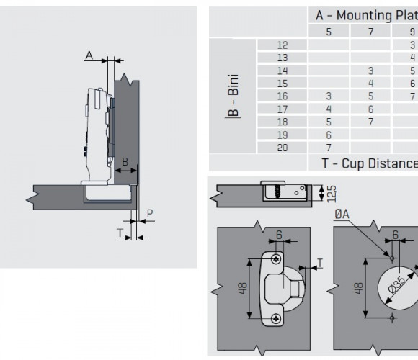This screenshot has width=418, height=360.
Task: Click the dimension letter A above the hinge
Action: (89, 55)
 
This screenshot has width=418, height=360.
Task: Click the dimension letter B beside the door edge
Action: (125, 161)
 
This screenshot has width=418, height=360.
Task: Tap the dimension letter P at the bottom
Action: (150, 214)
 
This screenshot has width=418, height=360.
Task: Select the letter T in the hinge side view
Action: (120, 233)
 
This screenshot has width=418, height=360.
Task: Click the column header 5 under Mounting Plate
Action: (329, 32)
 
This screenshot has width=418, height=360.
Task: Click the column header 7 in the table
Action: (370, 32)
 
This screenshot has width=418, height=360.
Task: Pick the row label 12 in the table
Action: (283, 45)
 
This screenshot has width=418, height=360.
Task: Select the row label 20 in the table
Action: (283, 148)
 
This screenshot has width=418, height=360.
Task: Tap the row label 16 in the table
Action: (283, 96)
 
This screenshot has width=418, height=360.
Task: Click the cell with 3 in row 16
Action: (329, 96)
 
